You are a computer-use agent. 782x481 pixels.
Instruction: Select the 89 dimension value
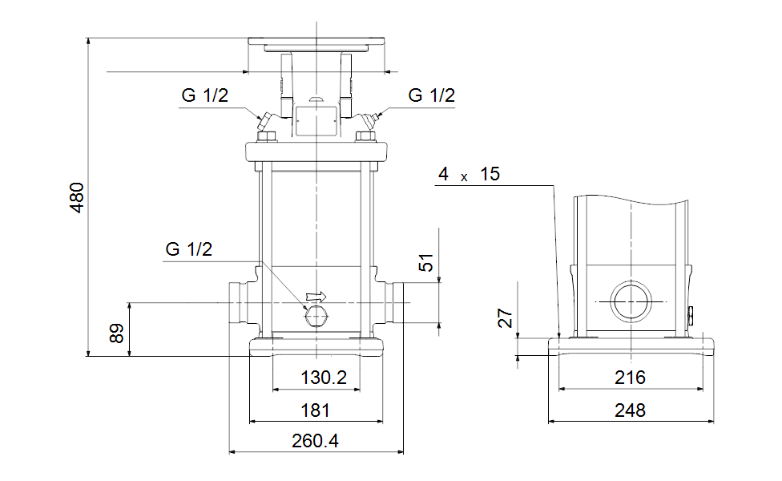(117, 333)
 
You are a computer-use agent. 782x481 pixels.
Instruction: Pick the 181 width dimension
(316, 410)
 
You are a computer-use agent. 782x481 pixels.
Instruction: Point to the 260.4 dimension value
(316, 441)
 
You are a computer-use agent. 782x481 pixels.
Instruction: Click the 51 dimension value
(427, 263)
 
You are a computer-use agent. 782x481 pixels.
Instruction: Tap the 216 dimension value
(630, 378)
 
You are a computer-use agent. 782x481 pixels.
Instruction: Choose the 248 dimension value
(630, 410)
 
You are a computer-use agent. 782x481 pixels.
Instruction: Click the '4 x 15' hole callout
(469, 175)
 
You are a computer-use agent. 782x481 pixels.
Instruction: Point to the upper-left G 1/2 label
(204, 95)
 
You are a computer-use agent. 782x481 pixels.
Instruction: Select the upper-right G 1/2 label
(431, 95)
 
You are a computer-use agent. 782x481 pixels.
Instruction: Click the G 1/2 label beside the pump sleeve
(189, 249)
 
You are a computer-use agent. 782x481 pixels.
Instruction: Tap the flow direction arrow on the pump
(317, 296)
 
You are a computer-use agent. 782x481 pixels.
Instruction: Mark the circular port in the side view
(631, 302)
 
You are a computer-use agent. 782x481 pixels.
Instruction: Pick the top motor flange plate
(316, 42)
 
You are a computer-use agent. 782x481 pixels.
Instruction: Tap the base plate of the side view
(631, 346)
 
